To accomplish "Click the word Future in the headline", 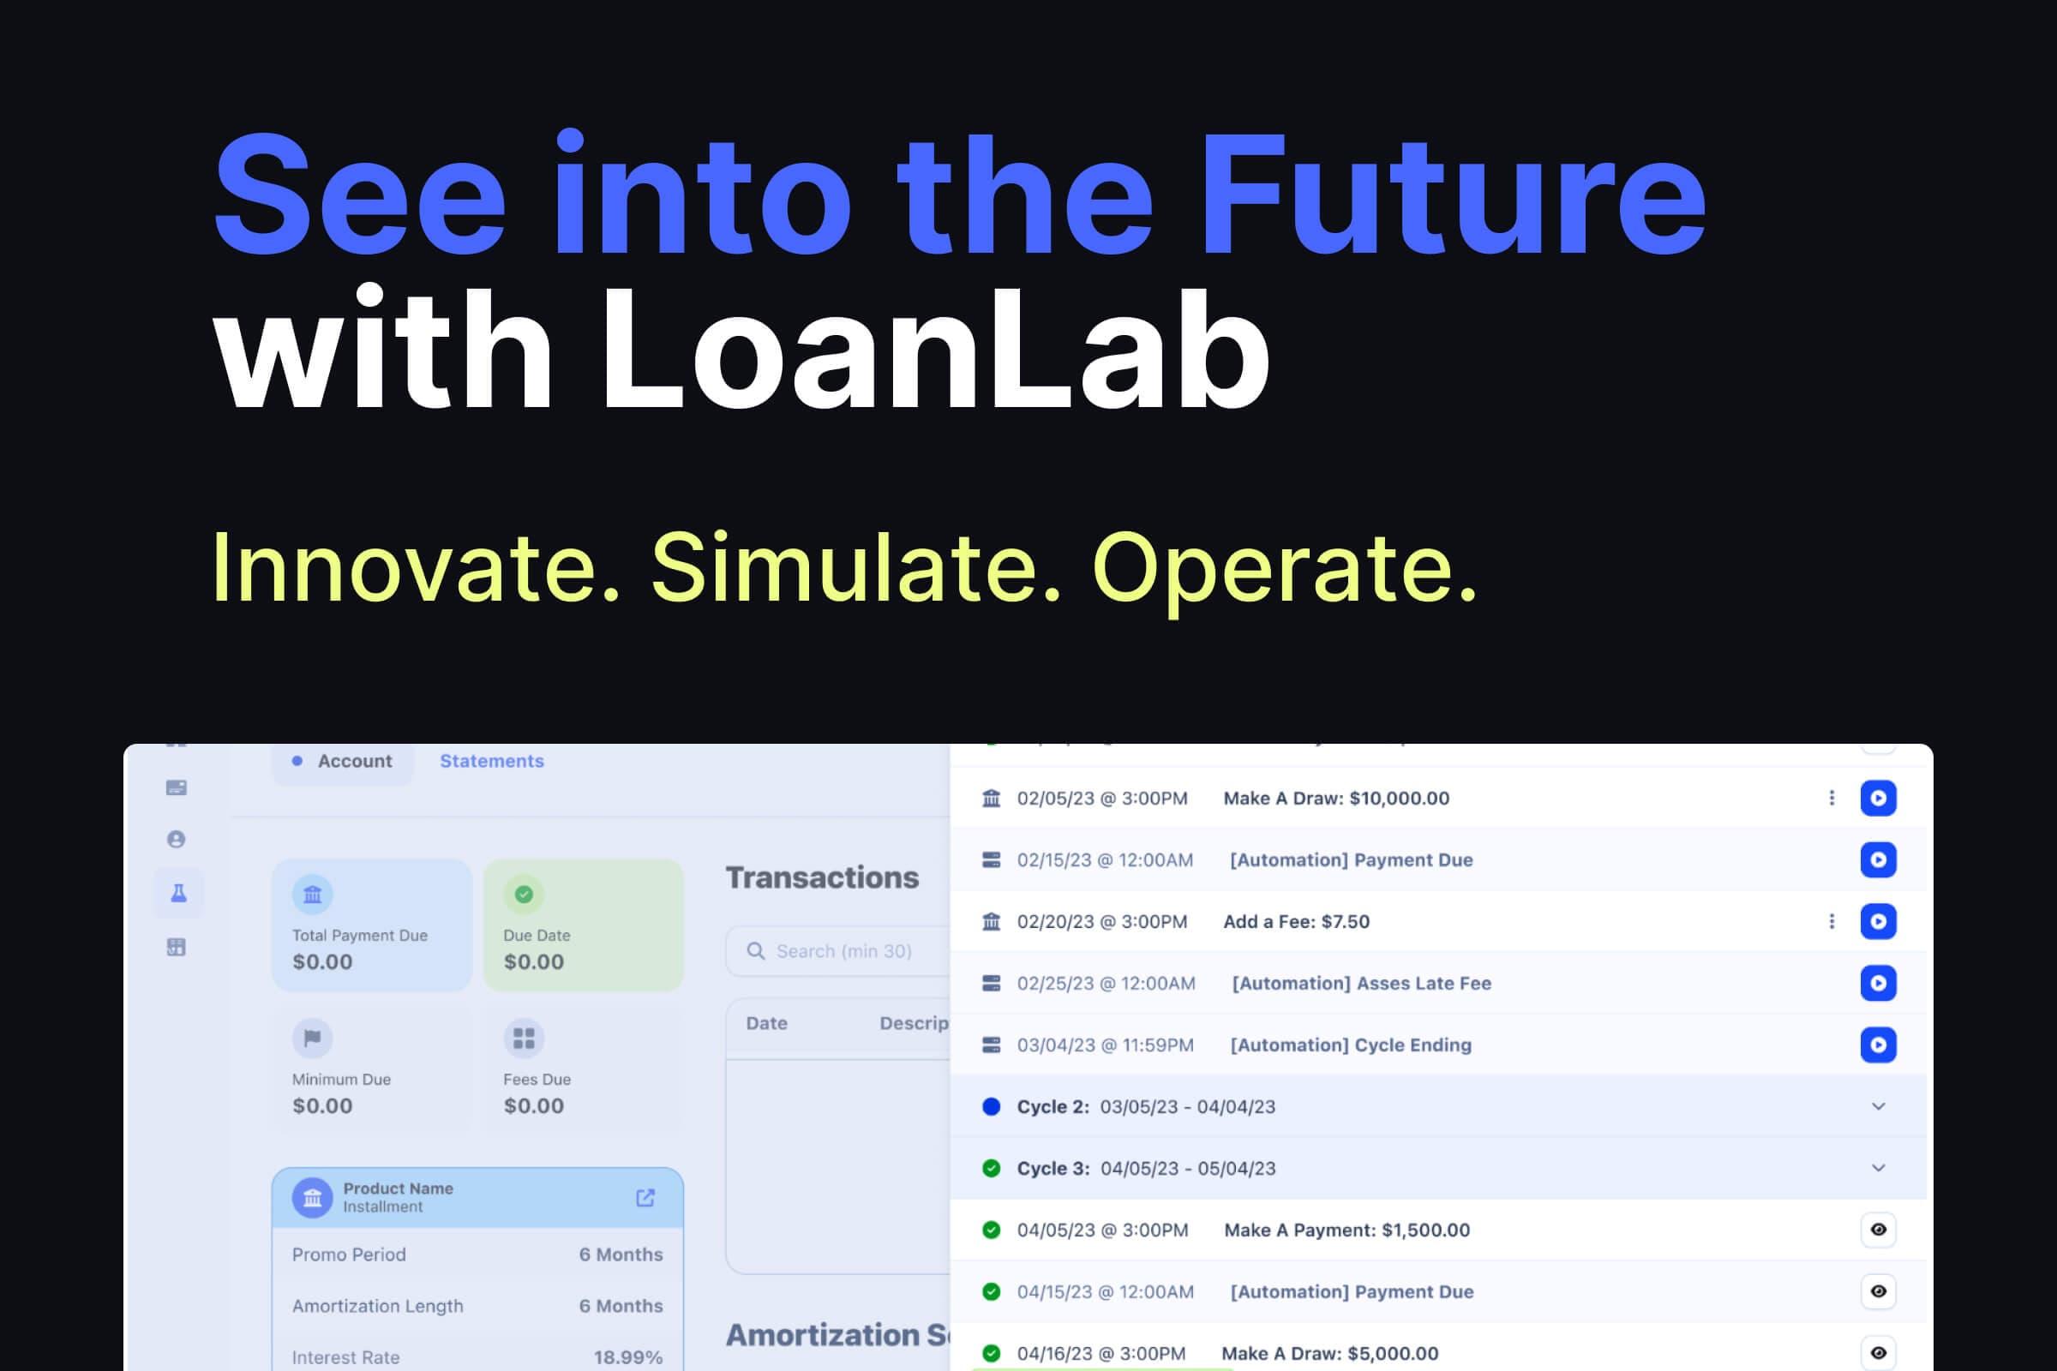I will (x=1452, y=196).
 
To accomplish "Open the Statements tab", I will (x=491, y=761).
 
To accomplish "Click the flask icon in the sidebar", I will (x=178, y=893).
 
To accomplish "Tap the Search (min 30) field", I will (x=843, y=950).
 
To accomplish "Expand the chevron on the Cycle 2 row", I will (x=1878, y=1106).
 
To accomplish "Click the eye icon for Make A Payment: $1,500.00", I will (x=1878, y=1230).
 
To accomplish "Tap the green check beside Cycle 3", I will (x=991, y=1168).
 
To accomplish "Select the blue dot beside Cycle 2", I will (x=991, y=1106).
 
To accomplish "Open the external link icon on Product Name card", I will (x=645, y=1197).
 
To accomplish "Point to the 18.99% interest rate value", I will (x=628, y=1357).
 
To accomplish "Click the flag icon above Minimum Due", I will (x=312, y=1038).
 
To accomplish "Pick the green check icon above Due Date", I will (x=524, y=895).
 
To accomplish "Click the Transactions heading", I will (x=822, y=877).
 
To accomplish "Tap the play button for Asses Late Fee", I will (x=1878, y=983).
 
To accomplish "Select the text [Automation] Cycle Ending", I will (x=1351, y=1045).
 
